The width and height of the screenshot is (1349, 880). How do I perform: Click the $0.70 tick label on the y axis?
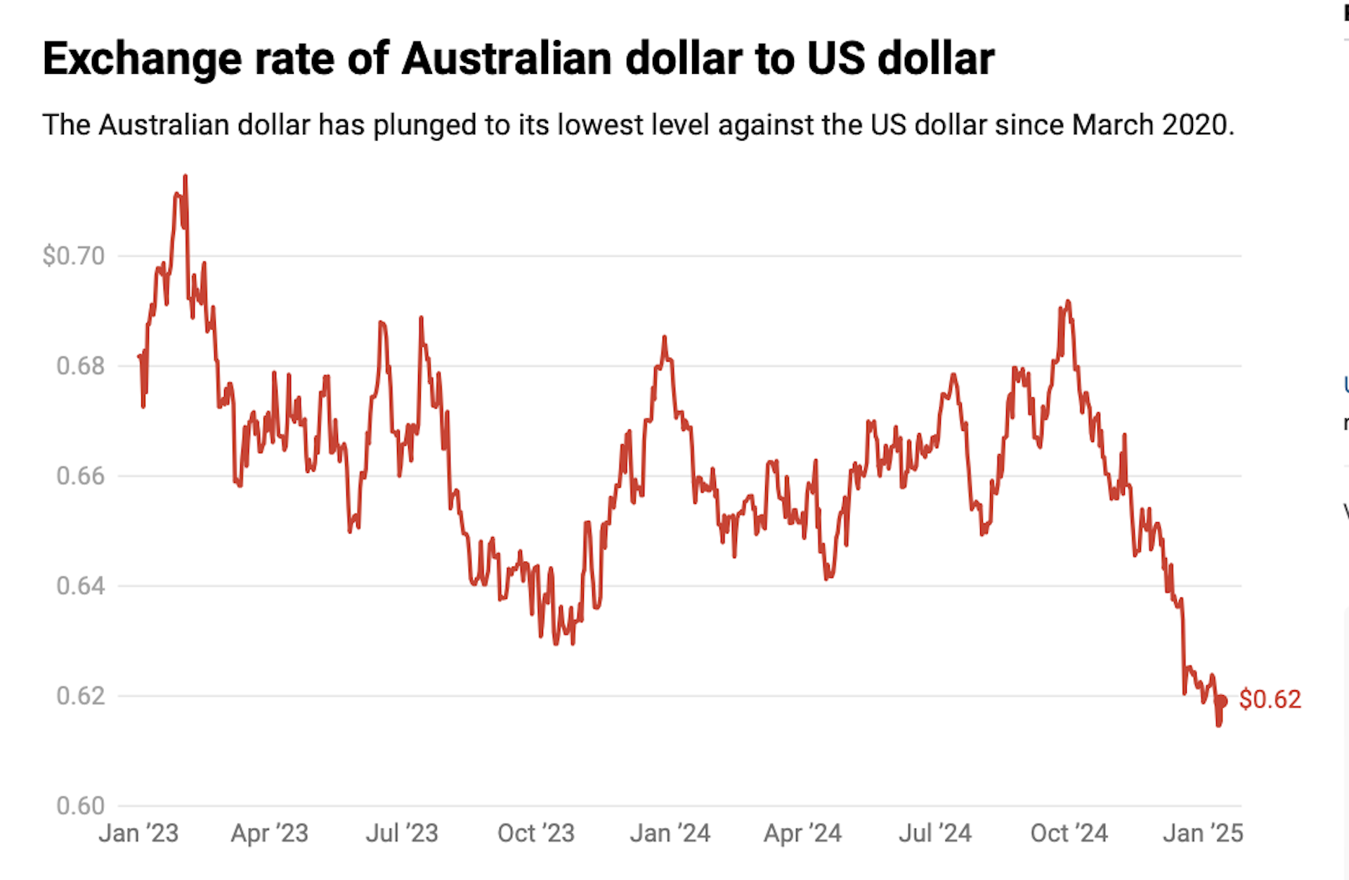tap(73, 256)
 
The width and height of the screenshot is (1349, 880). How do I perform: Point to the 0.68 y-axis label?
tap(80, 366)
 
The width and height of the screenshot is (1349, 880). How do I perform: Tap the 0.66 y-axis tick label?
tap(80, 476)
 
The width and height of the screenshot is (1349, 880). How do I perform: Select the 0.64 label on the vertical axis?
tap(80, 585)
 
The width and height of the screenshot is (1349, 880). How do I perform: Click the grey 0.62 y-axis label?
tap(80, 696)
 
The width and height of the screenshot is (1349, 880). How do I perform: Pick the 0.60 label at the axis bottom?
tap(80, 805)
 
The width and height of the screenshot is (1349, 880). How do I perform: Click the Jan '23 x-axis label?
tap(138, 834)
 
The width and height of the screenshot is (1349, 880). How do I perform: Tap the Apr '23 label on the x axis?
tap(270, 834)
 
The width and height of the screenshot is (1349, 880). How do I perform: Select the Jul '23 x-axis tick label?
tap(402, 834)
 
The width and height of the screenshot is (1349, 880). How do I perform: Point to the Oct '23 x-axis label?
tap(536, 834)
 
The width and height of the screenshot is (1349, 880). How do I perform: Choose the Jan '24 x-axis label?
tap(670, 834)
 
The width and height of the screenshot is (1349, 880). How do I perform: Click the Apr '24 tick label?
tap(802, 834)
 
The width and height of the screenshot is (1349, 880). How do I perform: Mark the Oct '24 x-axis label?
tap(1069, 834)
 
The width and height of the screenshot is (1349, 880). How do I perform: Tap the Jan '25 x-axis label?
tap(1203, 834)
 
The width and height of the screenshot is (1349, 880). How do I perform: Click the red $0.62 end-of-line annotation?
tap(1270, 699)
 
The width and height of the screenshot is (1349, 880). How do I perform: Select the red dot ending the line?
tap(1221, 701)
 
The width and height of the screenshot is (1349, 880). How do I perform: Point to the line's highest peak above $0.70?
tap(185, 177)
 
